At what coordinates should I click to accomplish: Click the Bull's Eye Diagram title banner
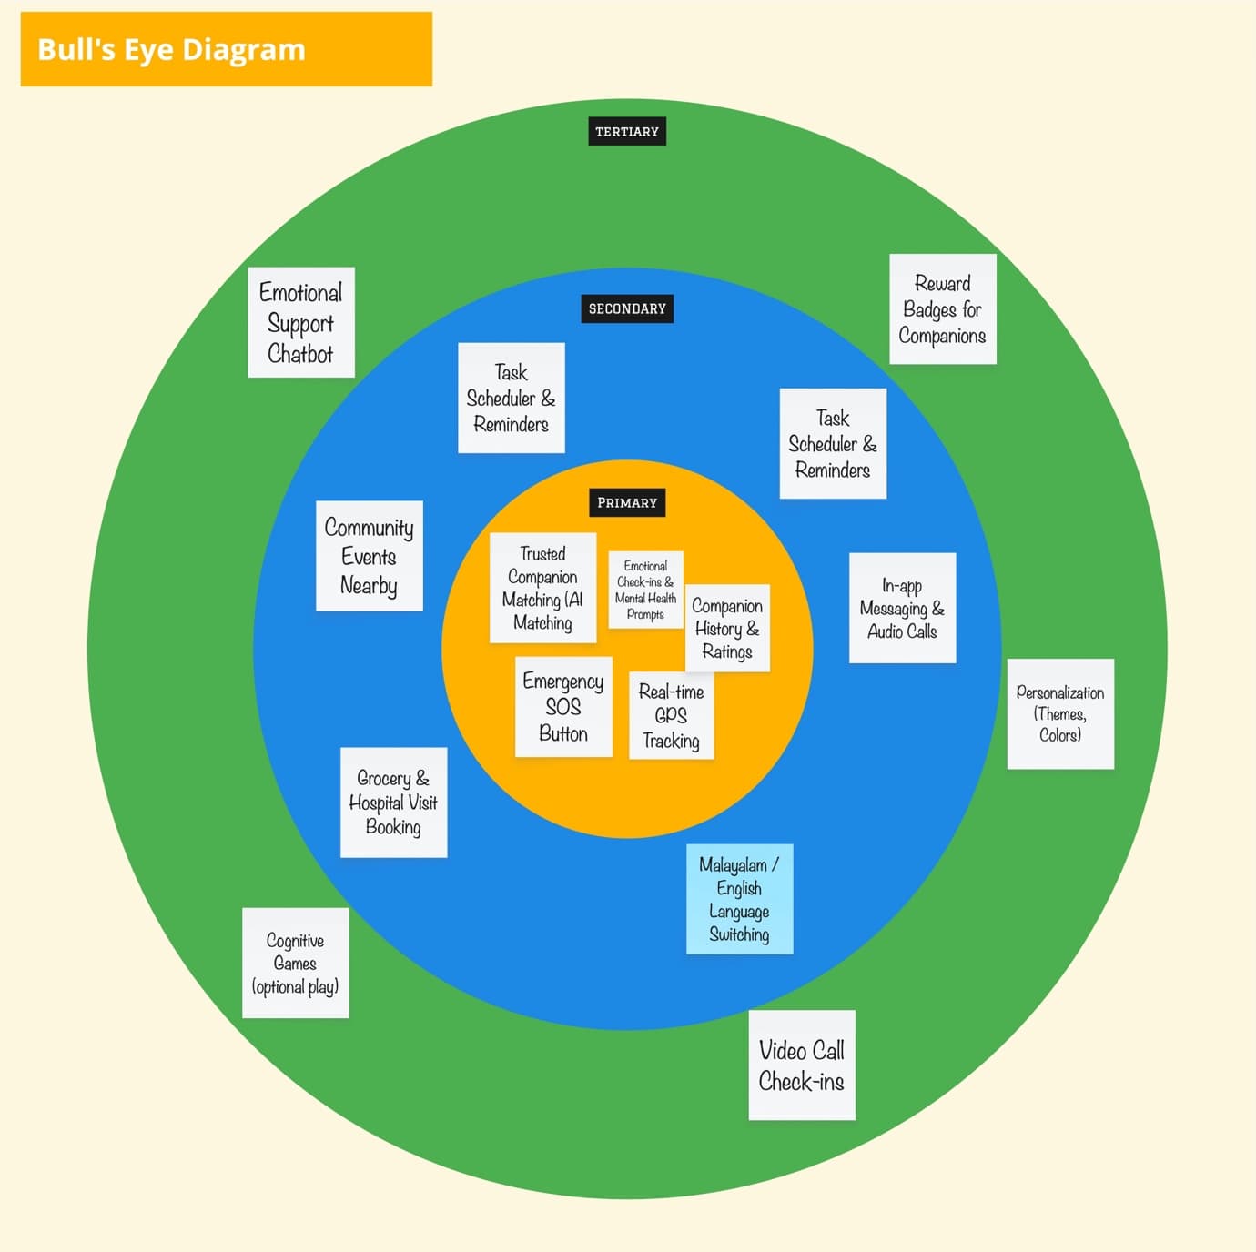(226, 49)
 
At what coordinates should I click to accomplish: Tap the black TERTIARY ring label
(627, 132)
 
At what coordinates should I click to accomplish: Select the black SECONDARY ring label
(627, 308)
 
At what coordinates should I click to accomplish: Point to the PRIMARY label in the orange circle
(627, 502)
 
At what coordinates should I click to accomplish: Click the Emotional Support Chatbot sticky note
(301, 322)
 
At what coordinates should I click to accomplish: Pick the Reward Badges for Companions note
(942, 309)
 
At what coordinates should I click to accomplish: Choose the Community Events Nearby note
(369, 556)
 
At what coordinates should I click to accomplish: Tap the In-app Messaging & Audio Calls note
(902, 608)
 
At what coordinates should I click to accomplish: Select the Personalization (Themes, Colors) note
(1060, 713)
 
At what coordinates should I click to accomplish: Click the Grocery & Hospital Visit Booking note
(393, 803)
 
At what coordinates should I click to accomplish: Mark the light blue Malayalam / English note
(739, 899)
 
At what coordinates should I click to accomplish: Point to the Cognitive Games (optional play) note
(296, 963)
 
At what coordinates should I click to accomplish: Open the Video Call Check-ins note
(802, 1065)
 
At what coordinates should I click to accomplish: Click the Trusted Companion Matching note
(542, 588)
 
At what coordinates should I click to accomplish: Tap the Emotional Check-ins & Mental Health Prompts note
(645, 590)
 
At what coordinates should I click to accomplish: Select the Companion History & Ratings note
(727, 629)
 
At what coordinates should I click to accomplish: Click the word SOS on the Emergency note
(563, 706)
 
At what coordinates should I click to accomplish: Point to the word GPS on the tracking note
(671, 715)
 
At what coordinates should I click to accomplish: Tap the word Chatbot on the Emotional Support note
(300, 353)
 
